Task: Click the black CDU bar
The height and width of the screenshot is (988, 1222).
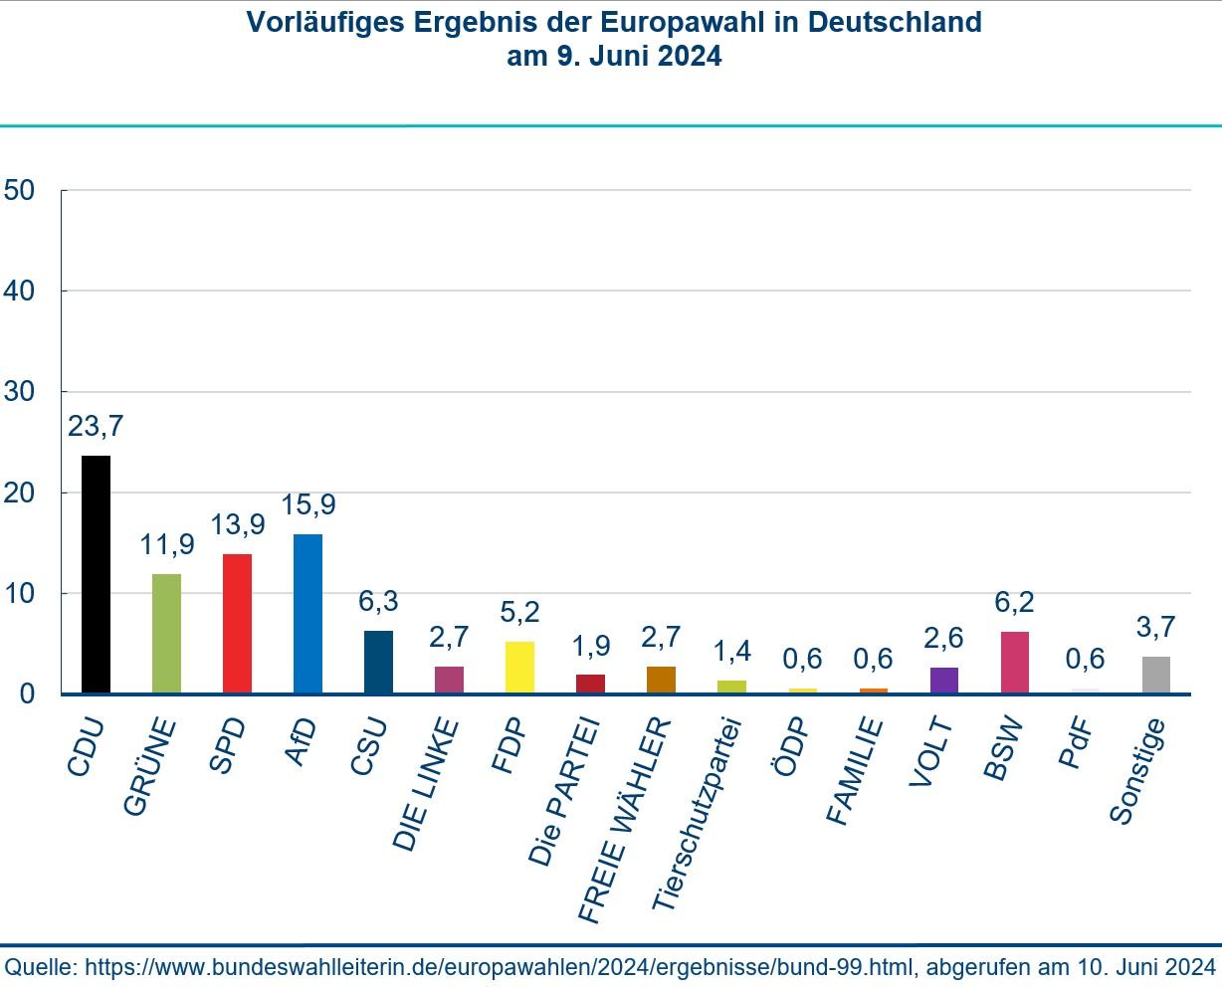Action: coord(96,574)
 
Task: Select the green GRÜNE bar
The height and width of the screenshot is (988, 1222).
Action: coord(166,633)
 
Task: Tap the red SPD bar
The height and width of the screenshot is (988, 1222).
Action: coord(237,623)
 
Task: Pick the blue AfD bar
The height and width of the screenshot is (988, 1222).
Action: coord(307,613)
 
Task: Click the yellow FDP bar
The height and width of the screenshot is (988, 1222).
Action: coord(519,667)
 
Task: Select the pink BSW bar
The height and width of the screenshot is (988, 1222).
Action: coord(1014,662)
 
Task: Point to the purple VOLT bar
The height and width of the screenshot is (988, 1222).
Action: coord(943,680)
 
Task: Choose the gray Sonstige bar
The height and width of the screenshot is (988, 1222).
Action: coord(1155,675)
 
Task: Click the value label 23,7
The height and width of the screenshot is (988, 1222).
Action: coord(96,427)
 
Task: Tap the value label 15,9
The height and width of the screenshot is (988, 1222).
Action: coord(307,505)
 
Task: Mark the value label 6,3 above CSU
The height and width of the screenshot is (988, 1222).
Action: coord(378,602)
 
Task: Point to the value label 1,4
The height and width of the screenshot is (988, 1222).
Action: coord(731,652)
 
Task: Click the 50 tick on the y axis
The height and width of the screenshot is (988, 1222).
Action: coord(20,190)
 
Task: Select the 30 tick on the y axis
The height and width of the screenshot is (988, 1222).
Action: coord(20,392)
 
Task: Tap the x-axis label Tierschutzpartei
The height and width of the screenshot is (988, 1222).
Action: coord(699,813)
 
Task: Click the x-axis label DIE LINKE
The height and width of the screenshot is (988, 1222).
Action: coord(428,784)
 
